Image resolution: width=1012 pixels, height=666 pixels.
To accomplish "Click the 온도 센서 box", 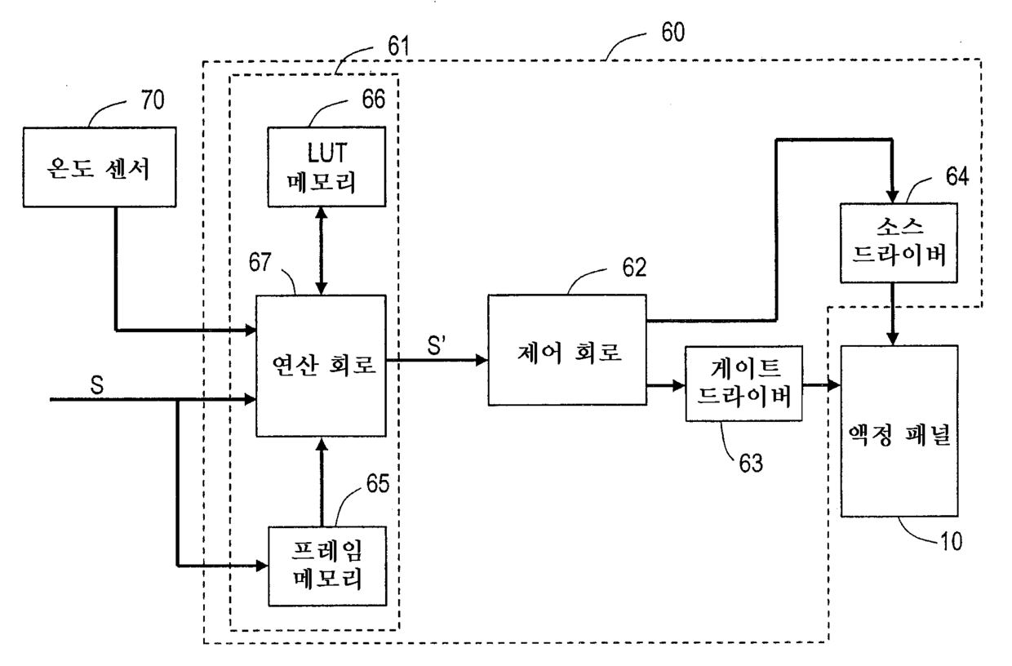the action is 100,167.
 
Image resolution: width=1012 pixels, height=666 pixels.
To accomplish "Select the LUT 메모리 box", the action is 326,166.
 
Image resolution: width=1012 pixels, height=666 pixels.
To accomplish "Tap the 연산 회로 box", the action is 322,366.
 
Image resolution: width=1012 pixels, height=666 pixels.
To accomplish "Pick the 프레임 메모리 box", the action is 327,566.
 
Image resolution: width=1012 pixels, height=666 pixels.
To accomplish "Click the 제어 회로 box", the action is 567,350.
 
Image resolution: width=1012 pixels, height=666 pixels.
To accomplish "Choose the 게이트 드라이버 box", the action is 744,384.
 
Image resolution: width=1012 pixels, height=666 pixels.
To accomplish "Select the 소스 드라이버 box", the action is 899,243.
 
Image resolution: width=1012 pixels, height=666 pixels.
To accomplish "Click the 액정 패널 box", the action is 899,431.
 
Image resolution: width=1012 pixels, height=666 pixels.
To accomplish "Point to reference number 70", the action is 153,100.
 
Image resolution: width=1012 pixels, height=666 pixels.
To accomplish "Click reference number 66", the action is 374,99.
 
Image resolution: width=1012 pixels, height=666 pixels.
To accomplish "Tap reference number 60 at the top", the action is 673,32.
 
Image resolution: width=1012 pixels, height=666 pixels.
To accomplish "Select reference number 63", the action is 751,463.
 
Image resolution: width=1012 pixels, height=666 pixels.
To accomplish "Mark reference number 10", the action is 951,541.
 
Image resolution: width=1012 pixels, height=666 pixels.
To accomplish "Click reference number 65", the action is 378,484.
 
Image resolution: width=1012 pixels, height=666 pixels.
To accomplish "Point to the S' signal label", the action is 436,346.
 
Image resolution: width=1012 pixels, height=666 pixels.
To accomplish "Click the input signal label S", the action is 96,385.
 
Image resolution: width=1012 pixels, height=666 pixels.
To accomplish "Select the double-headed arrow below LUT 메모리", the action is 322,251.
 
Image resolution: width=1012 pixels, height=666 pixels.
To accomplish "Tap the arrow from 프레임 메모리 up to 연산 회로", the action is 322,482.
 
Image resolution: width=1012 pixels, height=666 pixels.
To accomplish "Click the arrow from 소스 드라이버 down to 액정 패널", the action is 892,314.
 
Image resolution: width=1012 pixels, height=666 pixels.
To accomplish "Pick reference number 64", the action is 957,176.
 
